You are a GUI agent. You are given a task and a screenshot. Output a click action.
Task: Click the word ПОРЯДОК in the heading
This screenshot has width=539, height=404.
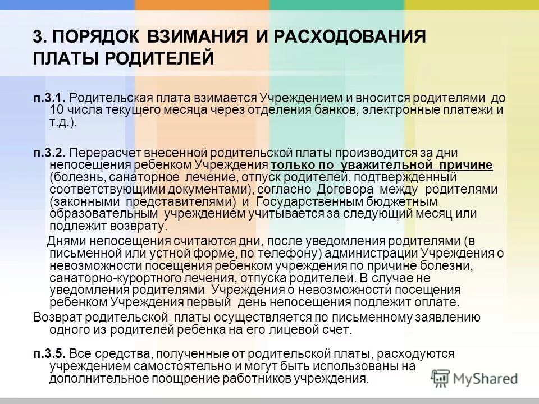coord(94,37)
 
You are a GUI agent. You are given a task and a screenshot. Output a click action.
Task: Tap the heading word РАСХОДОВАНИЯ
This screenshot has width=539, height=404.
coord(350,37)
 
